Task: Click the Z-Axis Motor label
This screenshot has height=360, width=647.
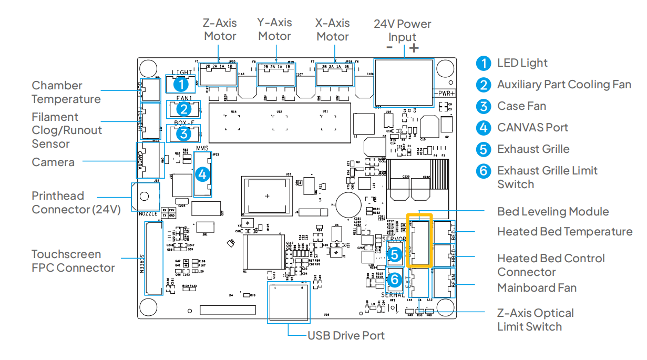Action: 220,29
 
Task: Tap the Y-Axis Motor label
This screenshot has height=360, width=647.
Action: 274,29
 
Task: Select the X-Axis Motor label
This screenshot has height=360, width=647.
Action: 332,29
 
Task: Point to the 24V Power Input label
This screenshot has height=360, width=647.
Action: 402,30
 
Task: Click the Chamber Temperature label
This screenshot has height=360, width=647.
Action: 66,92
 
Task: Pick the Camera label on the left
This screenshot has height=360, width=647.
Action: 53,162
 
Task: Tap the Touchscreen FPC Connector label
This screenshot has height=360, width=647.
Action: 73,261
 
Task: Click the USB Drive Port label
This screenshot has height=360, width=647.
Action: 346,335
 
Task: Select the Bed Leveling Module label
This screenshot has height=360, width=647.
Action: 553,211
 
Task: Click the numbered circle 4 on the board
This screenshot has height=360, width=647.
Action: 202,174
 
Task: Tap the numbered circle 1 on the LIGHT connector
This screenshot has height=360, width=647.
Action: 181,84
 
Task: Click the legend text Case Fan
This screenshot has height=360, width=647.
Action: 521,106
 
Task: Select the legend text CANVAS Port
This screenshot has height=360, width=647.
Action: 532,128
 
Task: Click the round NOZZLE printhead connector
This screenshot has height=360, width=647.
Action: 145,198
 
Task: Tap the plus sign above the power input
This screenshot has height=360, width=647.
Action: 414,48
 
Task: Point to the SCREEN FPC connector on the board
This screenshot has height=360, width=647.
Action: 153,259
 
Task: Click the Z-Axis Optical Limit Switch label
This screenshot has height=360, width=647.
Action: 536,320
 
